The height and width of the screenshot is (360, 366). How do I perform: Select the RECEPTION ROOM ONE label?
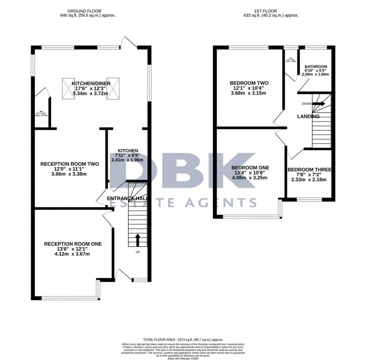click(73, 244)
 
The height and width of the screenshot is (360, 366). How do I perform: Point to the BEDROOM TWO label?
click(249, 83)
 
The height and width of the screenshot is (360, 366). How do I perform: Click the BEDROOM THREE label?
click(310, 169)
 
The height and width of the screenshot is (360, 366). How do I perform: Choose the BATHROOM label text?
click(316, 67)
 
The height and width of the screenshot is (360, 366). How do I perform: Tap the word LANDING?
click(308, 117)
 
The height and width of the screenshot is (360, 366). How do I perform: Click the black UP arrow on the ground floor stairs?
click(137, 240)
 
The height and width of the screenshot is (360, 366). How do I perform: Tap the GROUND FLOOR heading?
click(88, 11)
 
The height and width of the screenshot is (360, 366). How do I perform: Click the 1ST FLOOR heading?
click(269, 11)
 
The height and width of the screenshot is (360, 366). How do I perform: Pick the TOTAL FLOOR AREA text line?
click(183, 339)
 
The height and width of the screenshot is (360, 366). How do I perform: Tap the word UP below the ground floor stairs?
click(138, 252)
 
